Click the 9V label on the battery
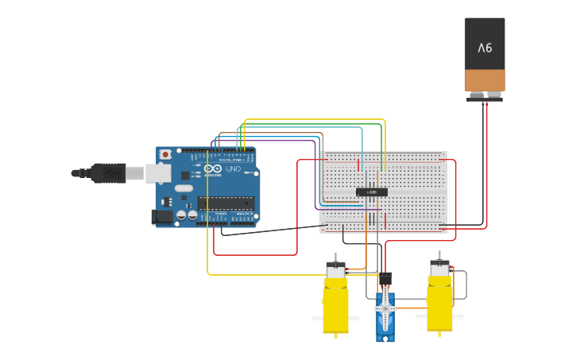[x=485, y=48]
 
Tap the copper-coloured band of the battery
[x=485, y=80]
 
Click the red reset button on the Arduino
[x=165, y=154]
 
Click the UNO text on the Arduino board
[x=234, y=169]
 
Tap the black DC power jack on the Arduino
[x=162, y=215]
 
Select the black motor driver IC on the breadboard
[x=371, y=192]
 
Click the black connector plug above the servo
[x=386, y=279]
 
